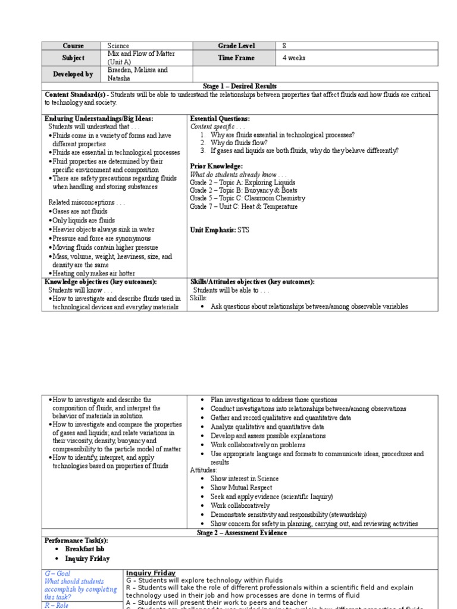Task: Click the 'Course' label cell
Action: coord(73,46)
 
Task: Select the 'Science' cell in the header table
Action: coord(119,46)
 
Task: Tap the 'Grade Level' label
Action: coord(236,46)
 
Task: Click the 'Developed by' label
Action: coord(73,74)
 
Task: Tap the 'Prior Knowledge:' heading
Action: coord(216,166)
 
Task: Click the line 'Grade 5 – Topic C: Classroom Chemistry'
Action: coord(248,198)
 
